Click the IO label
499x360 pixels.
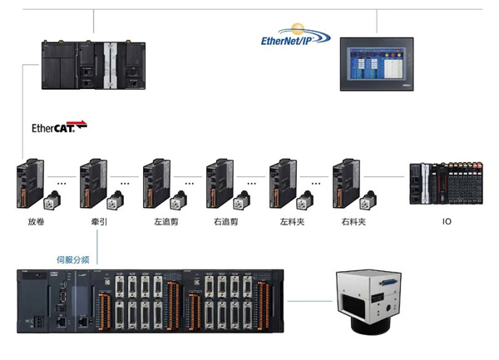(x=447, y=222)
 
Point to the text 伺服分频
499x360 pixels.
(x=72, y=259)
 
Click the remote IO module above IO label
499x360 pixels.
(x=448, y=184)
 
